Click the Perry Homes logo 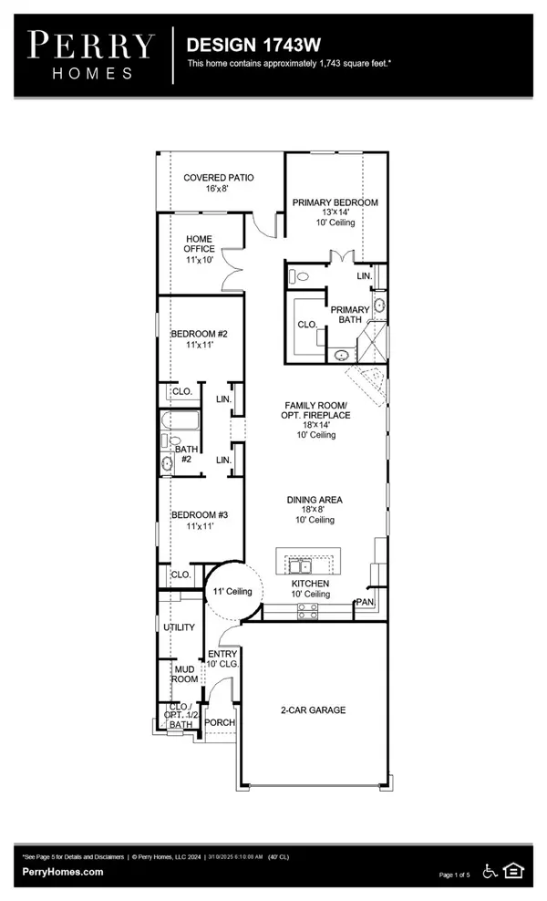pos(90,55)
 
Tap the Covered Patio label pos(219,183)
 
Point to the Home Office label pos(200,249)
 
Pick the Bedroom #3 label pos(199,521)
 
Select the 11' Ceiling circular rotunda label pos(232,593)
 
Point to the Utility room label pos(180,627)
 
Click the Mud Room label pos(184,673)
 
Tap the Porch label pos(220,722)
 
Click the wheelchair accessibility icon pos(490,871)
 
